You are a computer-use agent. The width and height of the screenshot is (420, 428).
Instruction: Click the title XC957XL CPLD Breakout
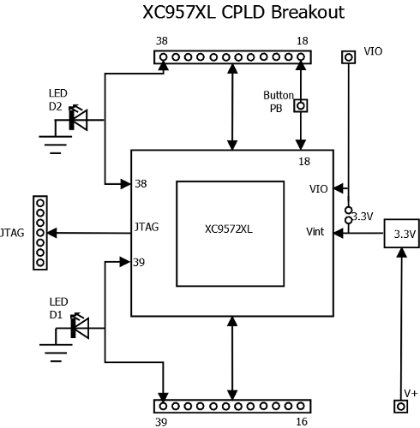click(x=243, y=12)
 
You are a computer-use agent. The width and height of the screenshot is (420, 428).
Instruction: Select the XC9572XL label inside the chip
click(x=229, y=229)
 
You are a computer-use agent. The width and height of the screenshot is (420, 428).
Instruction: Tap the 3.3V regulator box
click(x=401, y=233)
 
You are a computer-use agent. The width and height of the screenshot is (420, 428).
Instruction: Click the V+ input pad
click(x=400, y=406)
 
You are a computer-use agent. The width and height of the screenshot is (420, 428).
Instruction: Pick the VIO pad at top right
click(x=348, y=57)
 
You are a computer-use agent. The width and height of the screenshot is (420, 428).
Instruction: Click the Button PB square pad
click(x=301, y=105)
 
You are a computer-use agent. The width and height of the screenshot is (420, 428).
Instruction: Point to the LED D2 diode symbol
click(x=78, y=119)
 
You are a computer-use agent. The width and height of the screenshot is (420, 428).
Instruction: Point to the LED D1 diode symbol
click(x=80, y=328)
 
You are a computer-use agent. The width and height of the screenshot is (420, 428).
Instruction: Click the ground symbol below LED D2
click(x=56, y=145)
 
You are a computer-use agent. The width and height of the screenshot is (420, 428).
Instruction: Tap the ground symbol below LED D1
click(x=56, y=353)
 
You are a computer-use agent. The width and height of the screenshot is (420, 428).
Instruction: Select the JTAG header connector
click(x=40, y=233)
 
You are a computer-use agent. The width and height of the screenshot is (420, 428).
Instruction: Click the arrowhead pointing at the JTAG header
click(x=52, y=233)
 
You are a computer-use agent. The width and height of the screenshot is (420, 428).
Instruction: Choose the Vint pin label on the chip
click(x=315, y=231)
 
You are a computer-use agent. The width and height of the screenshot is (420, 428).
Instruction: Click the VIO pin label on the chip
click(x=318, y=189)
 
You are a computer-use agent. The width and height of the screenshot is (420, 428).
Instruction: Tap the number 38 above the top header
click(x=162, y=41)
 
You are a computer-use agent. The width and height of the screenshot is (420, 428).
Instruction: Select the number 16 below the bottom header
click(x=302, y=421)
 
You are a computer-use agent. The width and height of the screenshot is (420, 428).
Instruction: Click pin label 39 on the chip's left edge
click(x=139, y=262)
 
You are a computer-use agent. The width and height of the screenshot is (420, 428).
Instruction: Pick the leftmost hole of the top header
click(x=163, y=57)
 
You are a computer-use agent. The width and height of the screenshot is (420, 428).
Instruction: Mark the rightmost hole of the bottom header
click(x=301, y=406)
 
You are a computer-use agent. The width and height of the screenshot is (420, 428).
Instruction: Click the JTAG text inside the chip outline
click(x=147, y=227)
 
